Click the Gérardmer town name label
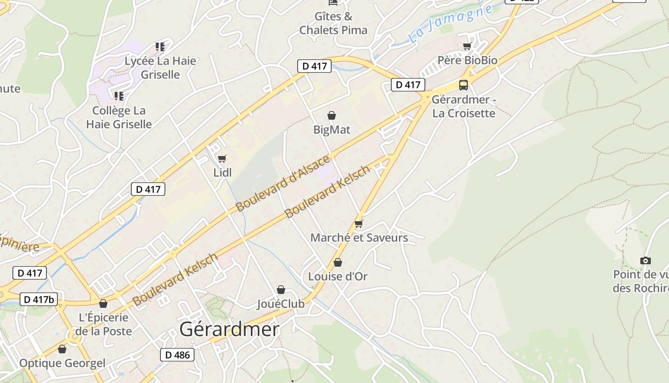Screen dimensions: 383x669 (229, 329)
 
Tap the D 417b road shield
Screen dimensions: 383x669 (39, 300)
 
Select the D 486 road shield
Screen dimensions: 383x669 (177, 355)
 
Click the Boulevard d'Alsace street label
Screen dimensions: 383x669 (283, 183)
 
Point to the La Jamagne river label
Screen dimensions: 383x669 (450, 24)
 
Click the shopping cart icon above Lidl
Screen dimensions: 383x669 (222, 158)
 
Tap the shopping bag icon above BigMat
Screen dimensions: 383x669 (332, 115)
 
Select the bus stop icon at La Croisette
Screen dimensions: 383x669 (463, 85)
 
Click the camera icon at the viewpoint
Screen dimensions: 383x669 (646, 260)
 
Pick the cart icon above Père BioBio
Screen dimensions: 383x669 (467, 46)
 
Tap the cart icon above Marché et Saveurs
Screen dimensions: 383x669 (359, 224)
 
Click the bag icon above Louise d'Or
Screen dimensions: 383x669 (338, 262)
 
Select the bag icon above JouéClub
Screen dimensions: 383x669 (281, 290)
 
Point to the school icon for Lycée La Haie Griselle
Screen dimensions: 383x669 (160, 47)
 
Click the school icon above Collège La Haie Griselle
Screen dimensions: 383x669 (119, 96)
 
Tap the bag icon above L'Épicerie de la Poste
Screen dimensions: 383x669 (103, 304)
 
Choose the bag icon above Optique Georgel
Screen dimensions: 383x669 (62, 349)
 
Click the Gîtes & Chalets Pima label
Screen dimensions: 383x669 (334, 23)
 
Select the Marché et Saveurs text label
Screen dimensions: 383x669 (359, 237)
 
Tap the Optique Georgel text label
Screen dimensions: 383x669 (62, 363)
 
